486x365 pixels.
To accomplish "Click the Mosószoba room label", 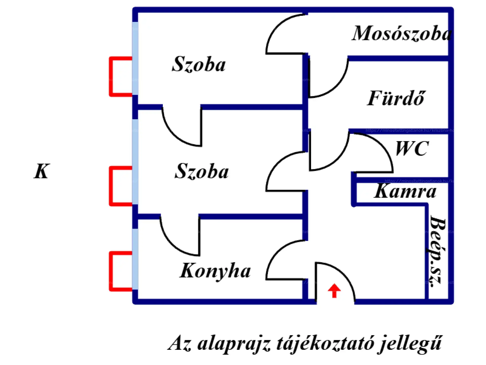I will click(x=402, y=33).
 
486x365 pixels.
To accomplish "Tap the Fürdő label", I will click(x=396, y=98).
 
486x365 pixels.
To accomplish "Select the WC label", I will click(x=412, y=149).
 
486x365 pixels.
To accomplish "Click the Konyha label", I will click(x=215, y=271).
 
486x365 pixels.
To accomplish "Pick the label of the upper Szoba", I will click(x=199, y=64).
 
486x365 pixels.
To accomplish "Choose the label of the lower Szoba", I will click(x=201, y=171).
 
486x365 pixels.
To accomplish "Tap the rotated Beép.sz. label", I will click(x=437, y=251).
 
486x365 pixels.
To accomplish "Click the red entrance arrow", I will click(x=334, y=290).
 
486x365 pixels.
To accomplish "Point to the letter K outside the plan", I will click(x=42, y=171).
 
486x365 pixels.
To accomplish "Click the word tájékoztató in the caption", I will click(x=325, y=344).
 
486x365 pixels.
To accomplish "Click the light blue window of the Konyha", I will click(x=135, y=259).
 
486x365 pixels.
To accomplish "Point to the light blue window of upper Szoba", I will click(x=135, y=58).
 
